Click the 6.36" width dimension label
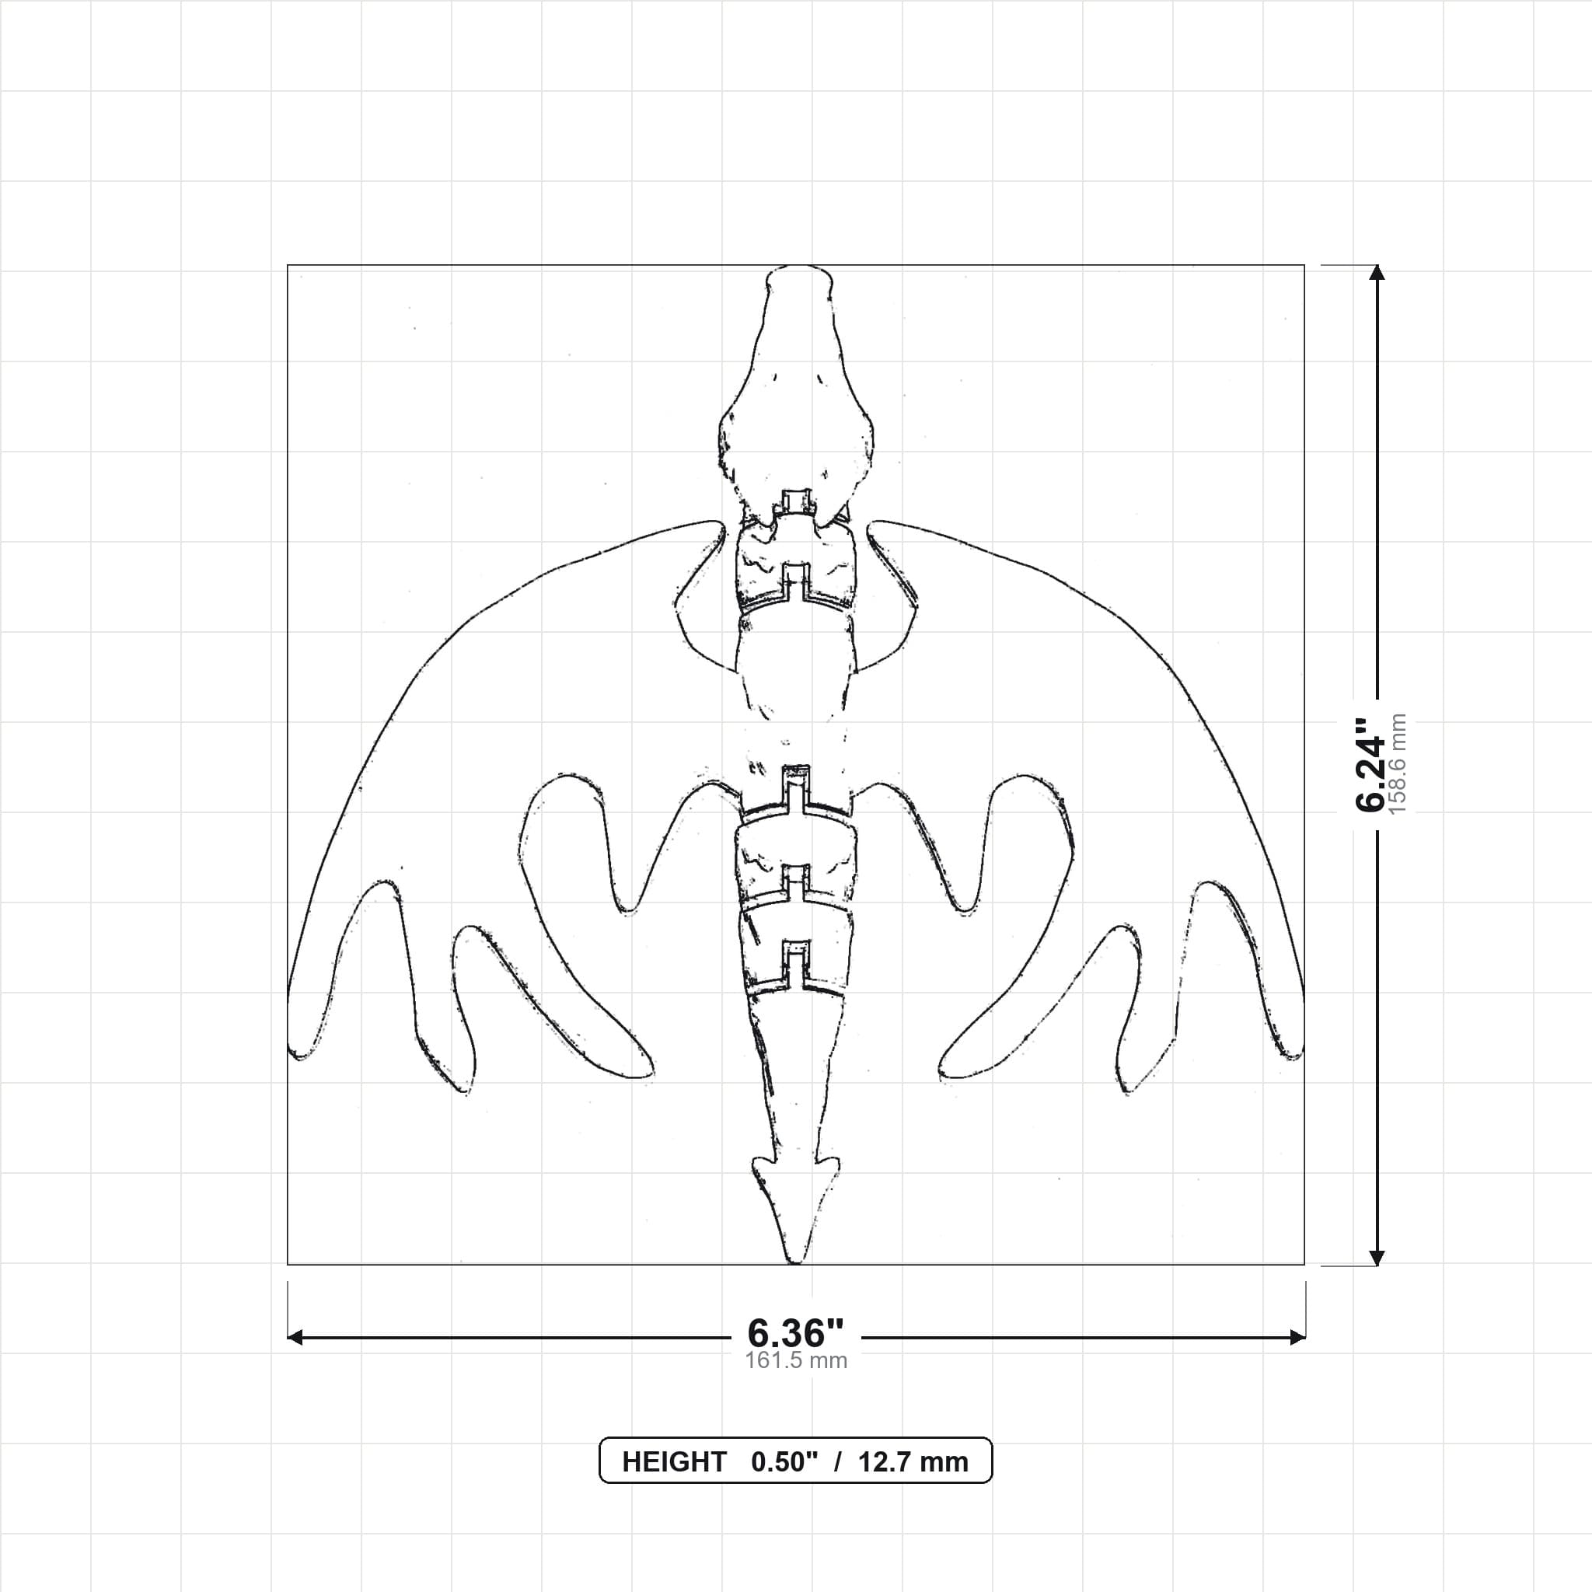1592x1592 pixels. tap(795, 1333)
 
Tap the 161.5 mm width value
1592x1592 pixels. tap(796, 1360)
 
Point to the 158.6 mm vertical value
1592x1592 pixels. tap(1398, 765)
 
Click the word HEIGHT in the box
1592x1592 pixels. tap(674, 1462)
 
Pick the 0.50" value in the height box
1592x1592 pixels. tap(784, 1462)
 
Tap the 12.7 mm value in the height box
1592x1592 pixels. tap(913, 1462)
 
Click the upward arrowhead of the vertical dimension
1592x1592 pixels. tap(1376, 273)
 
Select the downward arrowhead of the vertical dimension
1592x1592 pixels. tap(1376, 1257)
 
